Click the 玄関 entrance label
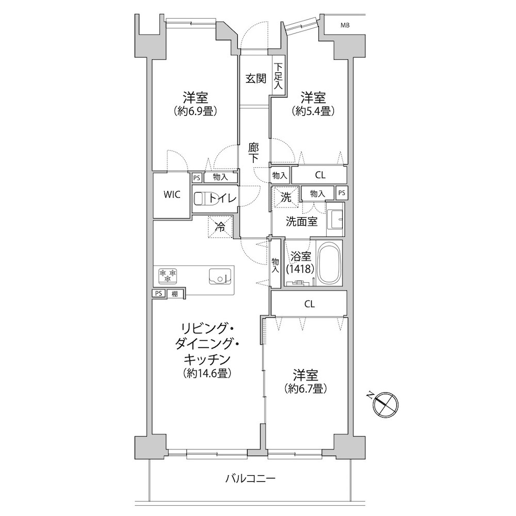pyautogui.click(x=256, y=78)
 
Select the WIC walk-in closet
pyautogui.click(x=172, y=195)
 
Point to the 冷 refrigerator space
pyautogui.click(x=220, y=227)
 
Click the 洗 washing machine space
pyautogui.click(x=286, y=197)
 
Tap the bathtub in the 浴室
pyautogui.click(x=329, y=263)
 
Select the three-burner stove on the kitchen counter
pyautogui.click(x=168, y=276)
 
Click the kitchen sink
pyautogui.click(x=220, y=276)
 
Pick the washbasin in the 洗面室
pyautogui.click(x=335, y=218)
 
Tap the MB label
pyautogui.click(x=345, y=25)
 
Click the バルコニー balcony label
pyautogui.click(x=250, y=478)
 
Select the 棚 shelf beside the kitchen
pyautogui.click(x=175, y=293)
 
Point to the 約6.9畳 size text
pyautogui.click(x=195, y=111)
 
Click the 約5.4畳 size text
pyautogui.click(x=313, y=111)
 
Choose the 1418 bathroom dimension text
pyautogui.click(x=300, y=269)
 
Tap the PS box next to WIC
pyautogui.click(x=197, y=178)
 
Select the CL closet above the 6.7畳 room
pyautogui.click(x=309, y=304)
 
